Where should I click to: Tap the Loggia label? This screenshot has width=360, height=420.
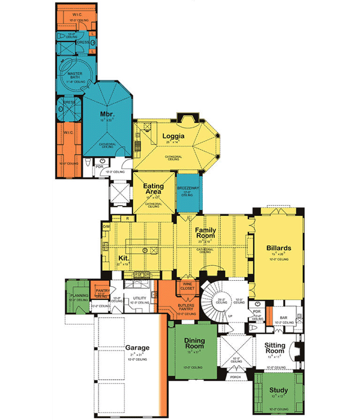click(x=173, y=136)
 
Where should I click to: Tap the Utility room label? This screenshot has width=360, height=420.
click(x=140, y=298)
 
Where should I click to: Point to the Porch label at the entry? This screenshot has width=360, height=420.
click(x=235, y=377)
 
